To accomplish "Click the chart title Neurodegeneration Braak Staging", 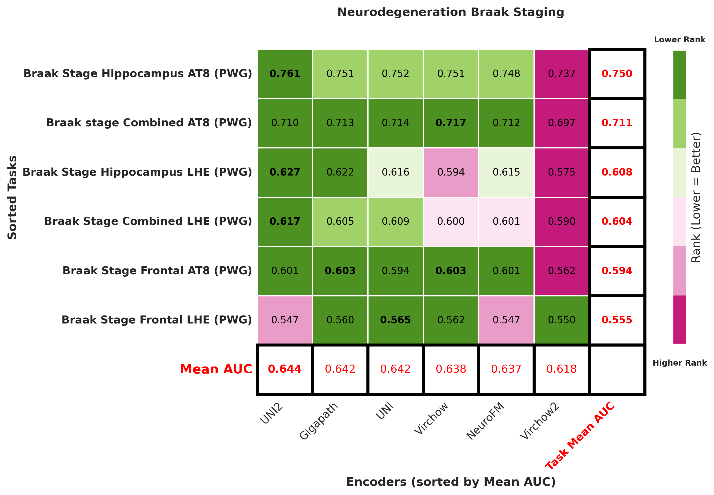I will click(x=450, y=12).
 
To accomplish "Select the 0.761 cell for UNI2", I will click(x=285, y=74).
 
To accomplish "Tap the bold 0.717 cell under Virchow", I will click(x=451, y=123).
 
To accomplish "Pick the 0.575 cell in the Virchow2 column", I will click(x=562, y=172).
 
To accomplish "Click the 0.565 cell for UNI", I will click(x=395, y=320).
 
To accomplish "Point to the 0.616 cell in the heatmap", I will click(x=395, y=172).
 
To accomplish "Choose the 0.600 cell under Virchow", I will click(x=451, y=221).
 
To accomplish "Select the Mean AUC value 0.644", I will click(x=285, y=369).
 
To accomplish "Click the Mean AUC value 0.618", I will click(x=562, y=369).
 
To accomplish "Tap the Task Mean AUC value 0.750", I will click(x=617, y=74).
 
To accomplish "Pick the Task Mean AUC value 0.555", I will click(x=617, y=320).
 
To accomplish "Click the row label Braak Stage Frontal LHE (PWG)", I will click(x=157, y=320).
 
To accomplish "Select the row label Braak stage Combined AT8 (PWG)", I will click(x=149, y=123).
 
